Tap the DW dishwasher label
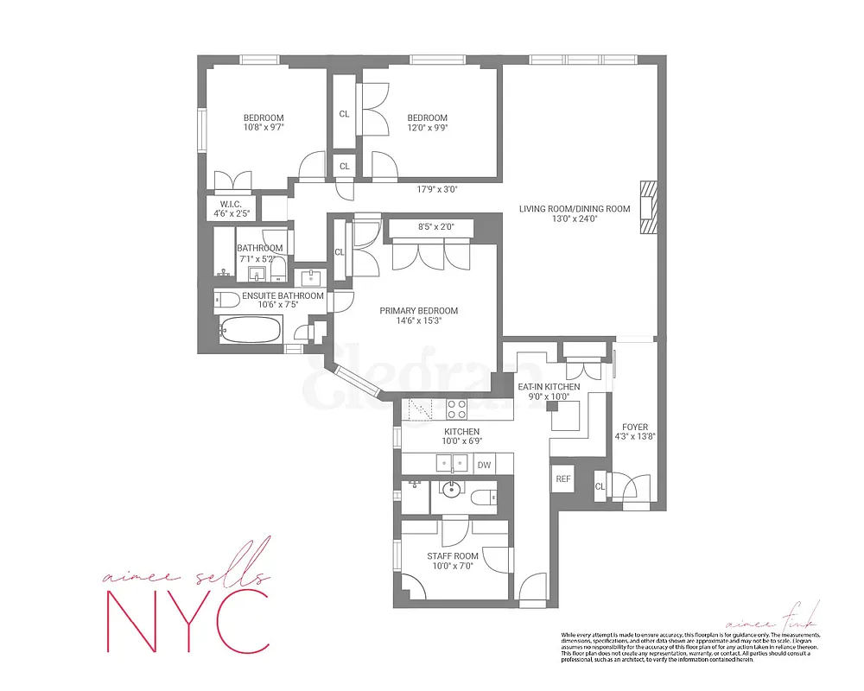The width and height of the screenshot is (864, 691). (x=484, y=465)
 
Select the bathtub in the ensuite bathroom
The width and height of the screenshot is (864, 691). (x=251, y=330)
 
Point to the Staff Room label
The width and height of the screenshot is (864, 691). (x=452, y=556)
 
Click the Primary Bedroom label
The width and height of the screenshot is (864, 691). (x=418, y=311)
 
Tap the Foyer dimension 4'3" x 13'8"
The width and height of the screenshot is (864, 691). (x=633, y=437)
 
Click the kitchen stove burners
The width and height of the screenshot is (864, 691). (x=455, y=409)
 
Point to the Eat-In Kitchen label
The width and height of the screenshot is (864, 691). (x=549, y=386)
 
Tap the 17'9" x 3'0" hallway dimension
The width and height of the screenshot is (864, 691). (x=436, y=189)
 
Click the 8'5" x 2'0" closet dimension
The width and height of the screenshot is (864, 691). (x=429, y=228)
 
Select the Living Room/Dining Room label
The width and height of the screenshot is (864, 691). (x=575, y=208)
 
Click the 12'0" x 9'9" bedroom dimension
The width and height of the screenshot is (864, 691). (x=428, y=128)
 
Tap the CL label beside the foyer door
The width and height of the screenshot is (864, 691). (x=600, y=487)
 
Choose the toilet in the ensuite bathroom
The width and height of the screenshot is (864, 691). (x=226, y=301)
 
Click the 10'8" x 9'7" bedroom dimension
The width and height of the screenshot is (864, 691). (x=264, y=128)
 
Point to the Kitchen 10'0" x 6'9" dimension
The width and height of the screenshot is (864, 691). (x=461, y=441)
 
